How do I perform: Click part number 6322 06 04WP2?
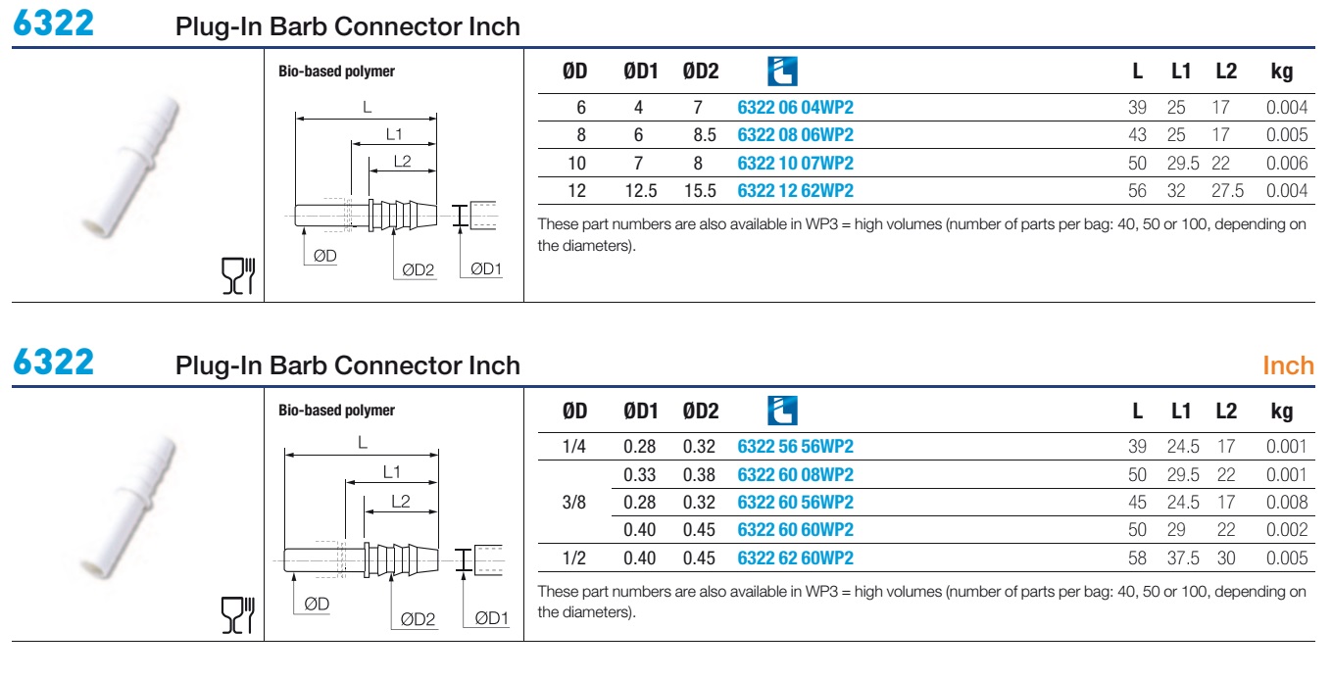(795, 108)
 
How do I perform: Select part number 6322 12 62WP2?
(795, 191)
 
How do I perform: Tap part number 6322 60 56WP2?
(795, 503)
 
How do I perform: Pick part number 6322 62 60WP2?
(795, 558)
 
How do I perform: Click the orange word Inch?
(1288, 365)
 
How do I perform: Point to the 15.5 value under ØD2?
(700, 191)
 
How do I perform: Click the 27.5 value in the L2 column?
(1227, 191)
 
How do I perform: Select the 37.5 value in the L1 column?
(1183, 558)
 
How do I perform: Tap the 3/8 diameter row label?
(573, 503)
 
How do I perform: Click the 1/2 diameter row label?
(573, 558)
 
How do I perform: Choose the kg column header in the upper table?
(1281, 72)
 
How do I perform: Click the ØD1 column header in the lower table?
(640, 411)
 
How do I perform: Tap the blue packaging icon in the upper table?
(782, 72)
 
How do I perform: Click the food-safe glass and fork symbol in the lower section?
(238, 615)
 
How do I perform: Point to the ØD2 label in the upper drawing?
(419, 270)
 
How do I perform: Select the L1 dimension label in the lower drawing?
(391, 472)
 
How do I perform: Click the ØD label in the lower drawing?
(317, 605)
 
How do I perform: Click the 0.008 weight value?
(1287, 503)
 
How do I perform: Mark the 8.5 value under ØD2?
(705, 135)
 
